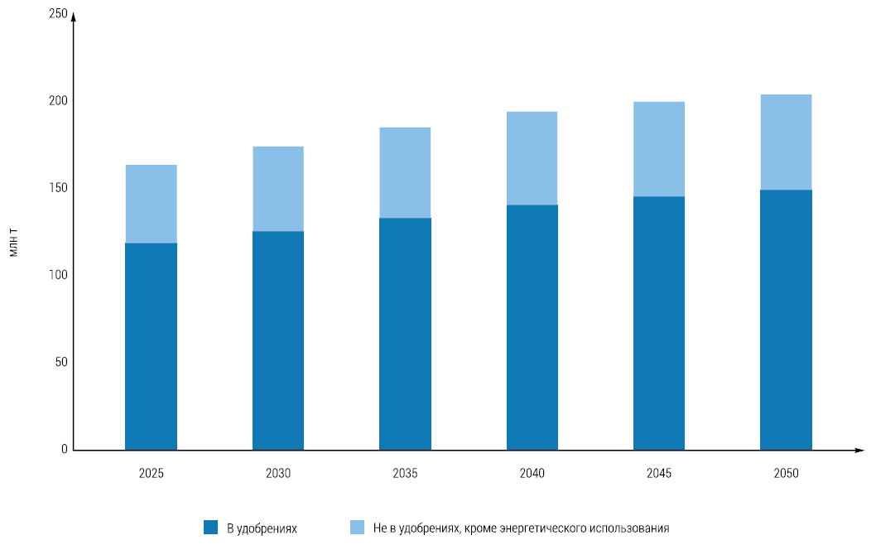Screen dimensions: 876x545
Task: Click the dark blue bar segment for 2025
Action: coord(151,346)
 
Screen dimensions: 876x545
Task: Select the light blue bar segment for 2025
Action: coord(151,204)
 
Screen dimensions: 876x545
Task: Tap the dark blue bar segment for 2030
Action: coord(278,340)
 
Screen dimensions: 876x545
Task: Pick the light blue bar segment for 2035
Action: coord(405,173)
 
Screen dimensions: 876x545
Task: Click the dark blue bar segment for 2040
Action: coord(532,327)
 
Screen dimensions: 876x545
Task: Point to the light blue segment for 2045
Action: coord(659,149)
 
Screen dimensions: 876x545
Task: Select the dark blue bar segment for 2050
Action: coord(786,320)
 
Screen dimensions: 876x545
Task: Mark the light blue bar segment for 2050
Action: coord(786,142)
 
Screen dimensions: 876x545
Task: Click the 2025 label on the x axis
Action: coord(152,474)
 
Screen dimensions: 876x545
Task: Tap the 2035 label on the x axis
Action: coord(405,474)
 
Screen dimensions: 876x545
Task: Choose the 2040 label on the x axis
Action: coord(532,474)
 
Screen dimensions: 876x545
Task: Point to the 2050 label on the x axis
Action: coord(786,474)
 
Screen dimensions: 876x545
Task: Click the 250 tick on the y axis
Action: coord(58,13)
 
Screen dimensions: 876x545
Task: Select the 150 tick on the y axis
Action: coord(58,188)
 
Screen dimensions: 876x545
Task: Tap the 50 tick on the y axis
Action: coord(61,362)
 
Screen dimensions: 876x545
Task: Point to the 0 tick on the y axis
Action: coord(65,449)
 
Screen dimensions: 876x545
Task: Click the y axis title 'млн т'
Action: coord(14,247)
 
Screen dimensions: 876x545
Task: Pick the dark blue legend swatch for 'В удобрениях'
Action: coord(210,527)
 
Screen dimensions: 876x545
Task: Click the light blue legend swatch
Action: coord(357,527)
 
